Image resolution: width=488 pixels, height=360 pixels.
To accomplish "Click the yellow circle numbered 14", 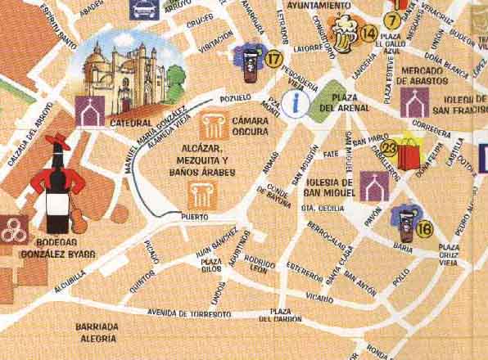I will coord(368,33).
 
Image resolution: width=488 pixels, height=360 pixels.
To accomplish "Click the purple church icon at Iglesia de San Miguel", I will coord(374,187).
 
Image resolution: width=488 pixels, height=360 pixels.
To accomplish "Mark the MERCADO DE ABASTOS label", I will coord(426,76).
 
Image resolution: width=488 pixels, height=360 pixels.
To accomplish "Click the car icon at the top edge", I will coord(141,8).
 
